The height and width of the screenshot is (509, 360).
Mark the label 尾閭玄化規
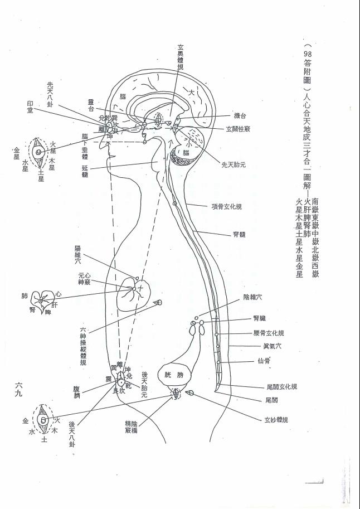(x=278, y=386)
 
